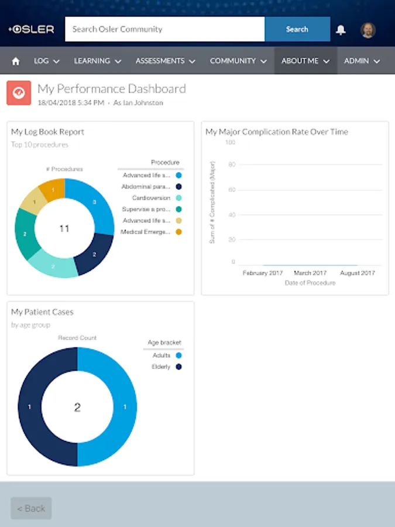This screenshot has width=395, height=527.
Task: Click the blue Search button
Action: click(297, 29)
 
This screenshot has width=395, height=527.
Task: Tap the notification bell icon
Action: click(341, 30)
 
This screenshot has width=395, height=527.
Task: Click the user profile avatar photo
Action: click(367, 30)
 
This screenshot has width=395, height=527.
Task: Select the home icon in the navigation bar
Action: click(16, 61)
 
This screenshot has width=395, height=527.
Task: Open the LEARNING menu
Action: click(97, 61)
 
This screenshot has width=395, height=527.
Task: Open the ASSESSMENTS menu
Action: click(165, 61)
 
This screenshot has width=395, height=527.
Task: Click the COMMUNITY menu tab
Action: click(238, 61)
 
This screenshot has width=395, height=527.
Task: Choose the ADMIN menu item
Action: click(362, 61)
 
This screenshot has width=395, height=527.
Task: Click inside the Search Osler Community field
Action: click(164, 29)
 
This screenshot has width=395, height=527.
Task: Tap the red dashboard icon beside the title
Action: click(19, 93)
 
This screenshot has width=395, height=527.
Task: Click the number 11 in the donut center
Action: click(64, 228)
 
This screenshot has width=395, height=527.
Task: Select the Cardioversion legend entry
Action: click(151, 198)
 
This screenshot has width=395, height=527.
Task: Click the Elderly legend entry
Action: click(161, 367)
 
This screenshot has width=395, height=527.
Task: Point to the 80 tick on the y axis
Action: click(232, 165)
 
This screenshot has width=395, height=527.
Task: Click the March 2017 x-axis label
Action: click(310, 273)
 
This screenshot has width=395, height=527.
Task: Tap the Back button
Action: click(31, 508)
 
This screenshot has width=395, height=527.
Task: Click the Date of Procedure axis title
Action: click(310, 283)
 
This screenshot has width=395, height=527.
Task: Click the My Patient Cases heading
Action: click(42, 312)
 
